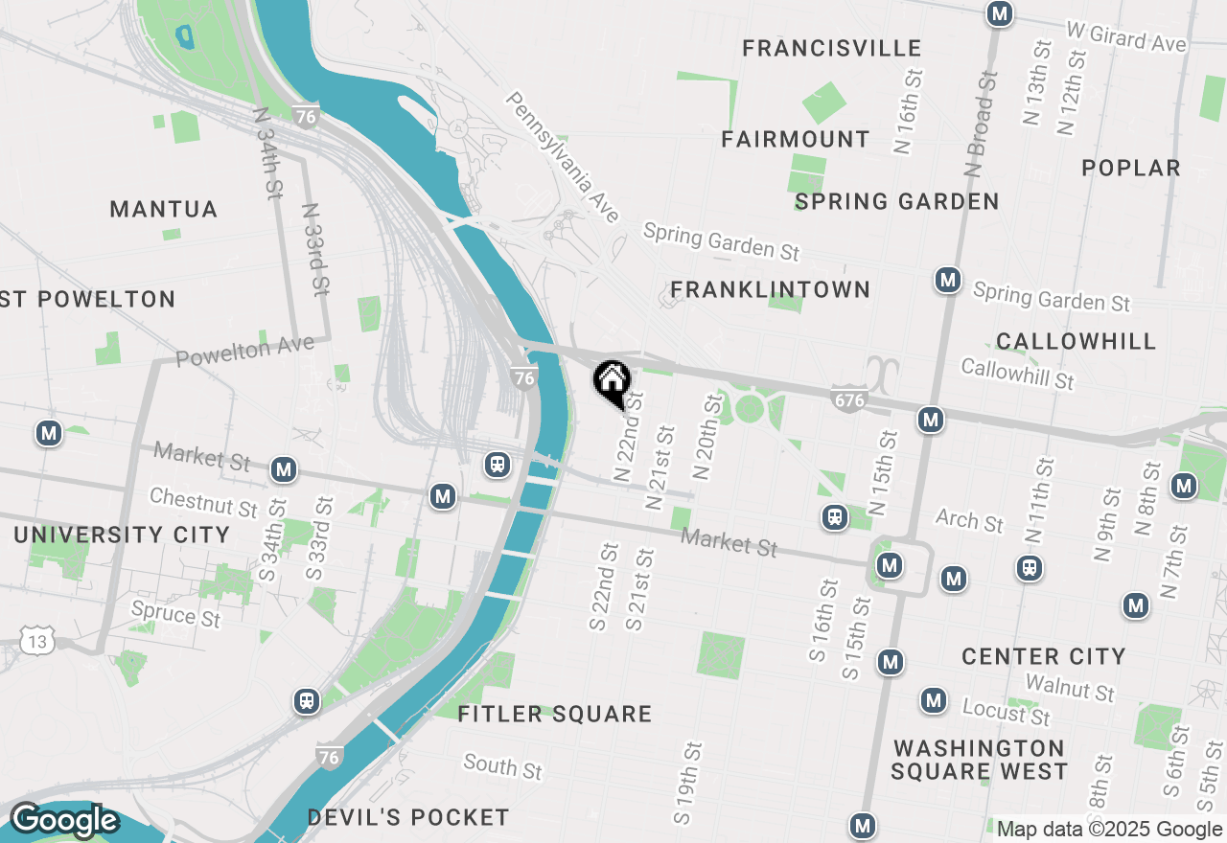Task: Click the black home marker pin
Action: (612, 382)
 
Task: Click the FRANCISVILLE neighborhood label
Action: (832, 48)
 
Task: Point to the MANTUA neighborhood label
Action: (164, 209)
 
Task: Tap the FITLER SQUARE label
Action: (555, 714)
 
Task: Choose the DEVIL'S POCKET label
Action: (408, 817)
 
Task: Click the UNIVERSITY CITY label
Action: (122, 535)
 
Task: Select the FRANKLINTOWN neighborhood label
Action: (771, 289)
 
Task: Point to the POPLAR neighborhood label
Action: (1131, 168)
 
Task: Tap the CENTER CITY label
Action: (1044, 656)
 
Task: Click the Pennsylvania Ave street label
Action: (565, 157)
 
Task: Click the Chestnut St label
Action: (204, 502)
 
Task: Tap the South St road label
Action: (502, 766)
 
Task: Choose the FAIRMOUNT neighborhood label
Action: (796, 139)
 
